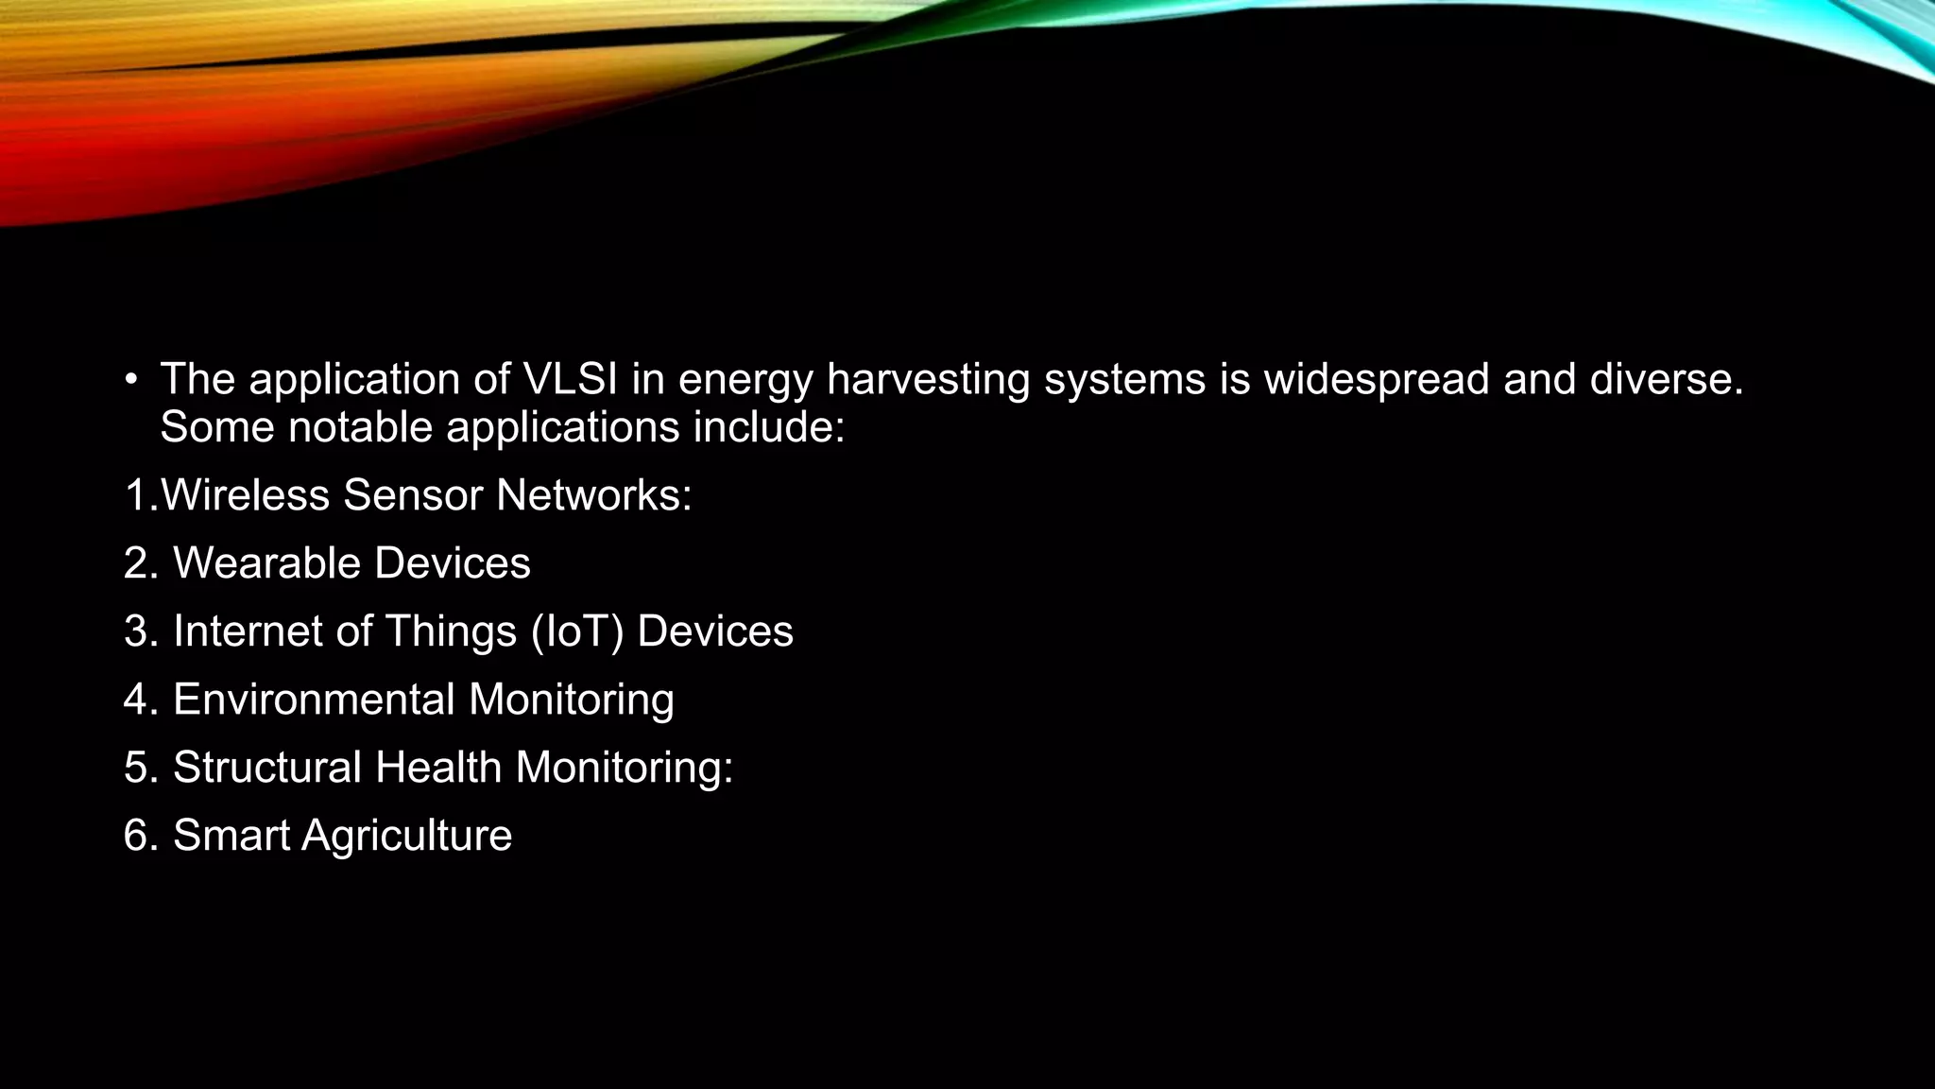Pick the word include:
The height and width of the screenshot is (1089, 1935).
(769, 427)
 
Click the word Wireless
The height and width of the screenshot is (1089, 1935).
(246, 495)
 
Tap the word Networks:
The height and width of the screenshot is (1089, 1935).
(594, 495)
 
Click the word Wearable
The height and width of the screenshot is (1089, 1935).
(266, 563)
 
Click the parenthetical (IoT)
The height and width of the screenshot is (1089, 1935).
(577, 631)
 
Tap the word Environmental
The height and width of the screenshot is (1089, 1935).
(314, 700)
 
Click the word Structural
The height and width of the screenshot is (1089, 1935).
(267, 768)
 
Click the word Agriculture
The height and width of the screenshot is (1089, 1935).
(406, 836)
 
